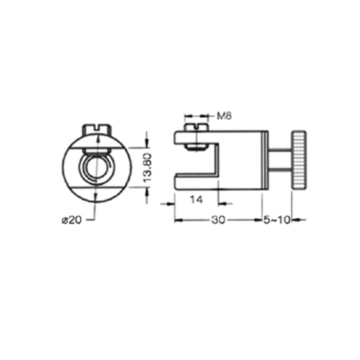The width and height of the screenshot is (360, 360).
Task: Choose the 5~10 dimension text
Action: point(276,220)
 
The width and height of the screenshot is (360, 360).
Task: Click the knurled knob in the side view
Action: point(299,159)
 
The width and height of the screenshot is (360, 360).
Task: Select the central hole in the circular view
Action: point(95,167)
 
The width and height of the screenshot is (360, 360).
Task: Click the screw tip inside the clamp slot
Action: point(194,148)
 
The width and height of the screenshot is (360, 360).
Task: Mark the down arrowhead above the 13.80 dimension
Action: point(147,141)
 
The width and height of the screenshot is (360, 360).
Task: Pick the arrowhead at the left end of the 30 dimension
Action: point(177,220)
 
